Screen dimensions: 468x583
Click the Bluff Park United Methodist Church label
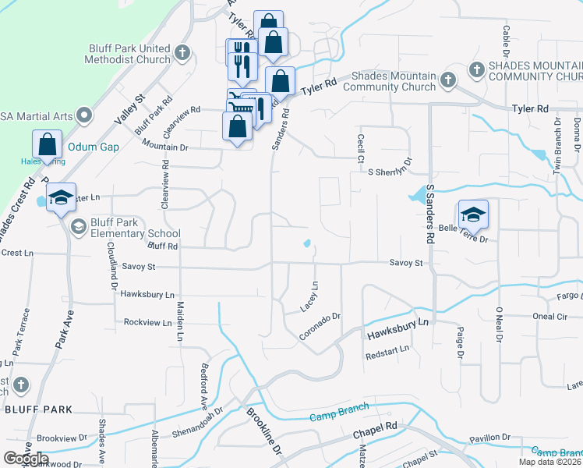pyautogui.click(x=129, y=54)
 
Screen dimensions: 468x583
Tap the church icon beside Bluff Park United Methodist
pyautogui.click(x=182, y=54)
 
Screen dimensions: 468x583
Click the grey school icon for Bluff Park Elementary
pyautogui.click(x=78, y=227)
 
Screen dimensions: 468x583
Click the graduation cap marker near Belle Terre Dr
pyautogui.click(x=472, y=214)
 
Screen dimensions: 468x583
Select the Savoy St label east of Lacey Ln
pyautogui.click(x=406, y=263)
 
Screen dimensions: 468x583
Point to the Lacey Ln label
pyautogui.click(x=309, y=296)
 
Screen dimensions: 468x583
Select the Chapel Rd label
pyautogui.click(x=375, y=431)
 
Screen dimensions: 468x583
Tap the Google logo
pyautogui.click(x=26, y=458)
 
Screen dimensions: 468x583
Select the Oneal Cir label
pyautogui.click(x=549, y=316)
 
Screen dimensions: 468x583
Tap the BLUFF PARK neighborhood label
pyautogui.click(x=38, y=409)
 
